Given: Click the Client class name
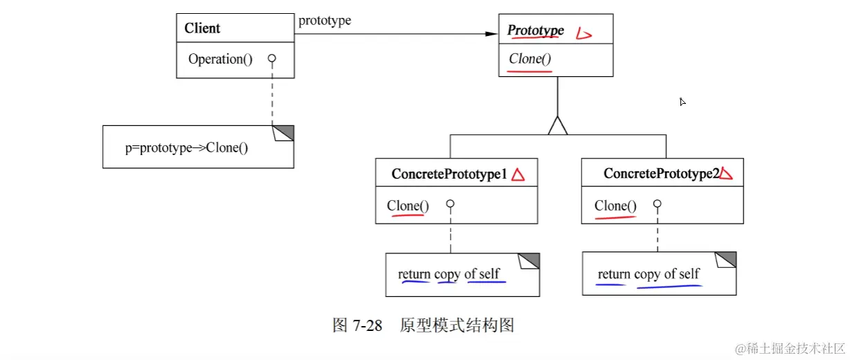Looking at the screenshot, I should [x=202, y=28].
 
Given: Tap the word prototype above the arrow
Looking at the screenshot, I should [x=325, y=21].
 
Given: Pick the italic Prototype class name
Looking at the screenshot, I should [x=536, y=30].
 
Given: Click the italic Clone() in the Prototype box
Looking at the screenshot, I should [x=530, y=59].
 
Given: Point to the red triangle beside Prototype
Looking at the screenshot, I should [x=584, y=33].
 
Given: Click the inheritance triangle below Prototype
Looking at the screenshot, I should [x=557, y=125].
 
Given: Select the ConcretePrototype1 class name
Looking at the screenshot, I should [x=449, y=174].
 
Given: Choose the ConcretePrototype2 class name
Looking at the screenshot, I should [x=661, y=174].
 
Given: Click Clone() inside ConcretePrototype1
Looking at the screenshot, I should [x=408, y=206].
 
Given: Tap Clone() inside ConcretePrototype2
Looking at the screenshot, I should [x=615, y=206].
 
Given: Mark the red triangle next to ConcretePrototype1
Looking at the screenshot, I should [x=518, y=175].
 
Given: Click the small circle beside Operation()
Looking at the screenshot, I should [x=272, y=59].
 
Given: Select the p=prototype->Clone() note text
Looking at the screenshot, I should [x=186, y=148].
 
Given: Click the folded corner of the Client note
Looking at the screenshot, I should [x=285, y=132].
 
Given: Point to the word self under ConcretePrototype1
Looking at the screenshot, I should [x=489, y=274].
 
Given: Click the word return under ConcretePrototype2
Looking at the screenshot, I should [x=613, y=274].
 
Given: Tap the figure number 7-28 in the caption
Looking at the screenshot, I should [x=367, y=325].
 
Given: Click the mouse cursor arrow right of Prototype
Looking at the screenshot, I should [x=682, y=102].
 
